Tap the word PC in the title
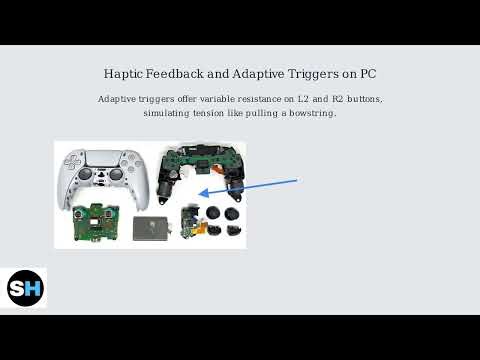click(x=364, y=75)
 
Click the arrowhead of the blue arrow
click(x=203, y=194)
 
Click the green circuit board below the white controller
click(x=94, y=224)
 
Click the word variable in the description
click(x=208, y=100)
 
